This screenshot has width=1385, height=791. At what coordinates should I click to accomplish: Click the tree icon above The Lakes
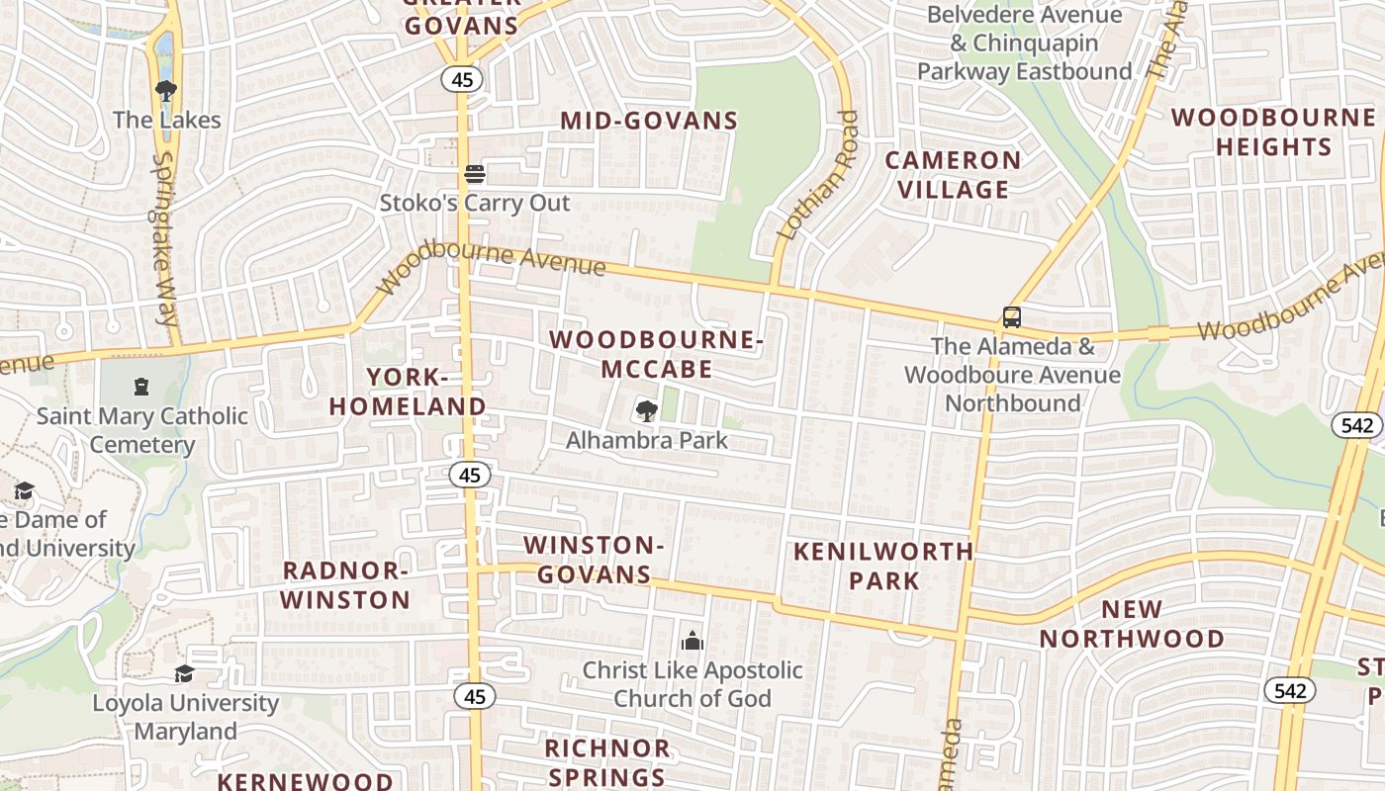[166, 91]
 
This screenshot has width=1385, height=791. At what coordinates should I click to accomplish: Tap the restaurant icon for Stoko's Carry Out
[475, 174]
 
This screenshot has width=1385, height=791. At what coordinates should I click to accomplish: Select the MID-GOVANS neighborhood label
[649, 121]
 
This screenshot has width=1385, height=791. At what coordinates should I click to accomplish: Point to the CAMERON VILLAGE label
[953, 174]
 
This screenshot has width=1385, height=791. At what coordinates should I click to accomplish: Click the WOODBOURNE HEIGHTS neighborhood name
[1273, 132]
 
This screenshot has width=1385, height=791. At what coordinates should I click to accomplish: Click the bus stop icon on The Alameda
[1011, 317]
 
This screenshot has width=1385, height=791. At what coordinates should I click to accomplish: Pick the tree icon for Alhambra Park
[647, 410]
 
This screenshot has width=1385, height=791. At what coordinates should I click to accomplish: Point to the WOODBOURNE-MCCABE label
[657, 354]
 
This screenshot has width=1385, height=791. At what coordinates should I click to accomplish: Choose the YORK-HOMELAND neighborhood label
[408, 392]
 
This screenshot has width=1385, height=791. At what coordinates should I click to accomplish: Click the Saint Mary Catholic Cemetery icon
[141, 387]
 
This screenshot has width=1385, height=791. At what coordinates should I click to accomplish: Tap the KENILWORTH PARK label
[883, 566]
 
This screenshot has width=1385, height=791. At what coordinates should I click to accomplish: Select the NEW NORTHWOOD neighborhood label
[1132, 624]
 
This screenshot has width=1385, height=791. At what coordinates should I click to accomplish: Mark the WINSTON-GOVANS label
[592, 559]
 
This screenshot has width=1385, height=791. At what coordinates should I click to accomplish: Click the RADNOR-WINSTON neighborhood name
[345, 584]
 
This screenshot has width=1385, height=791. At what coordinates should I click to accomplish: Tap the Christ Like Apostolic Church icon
[692, 641]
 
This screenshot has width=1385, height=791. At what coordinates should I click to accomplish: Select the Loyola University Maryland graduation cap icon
[184, 674]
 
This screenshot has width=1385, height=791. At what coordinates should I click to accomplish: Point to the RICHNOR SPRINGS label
[607, 761]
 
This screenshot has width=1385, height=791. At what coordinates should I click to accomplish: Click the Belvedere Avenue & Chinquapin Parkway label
[1024, 44]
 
